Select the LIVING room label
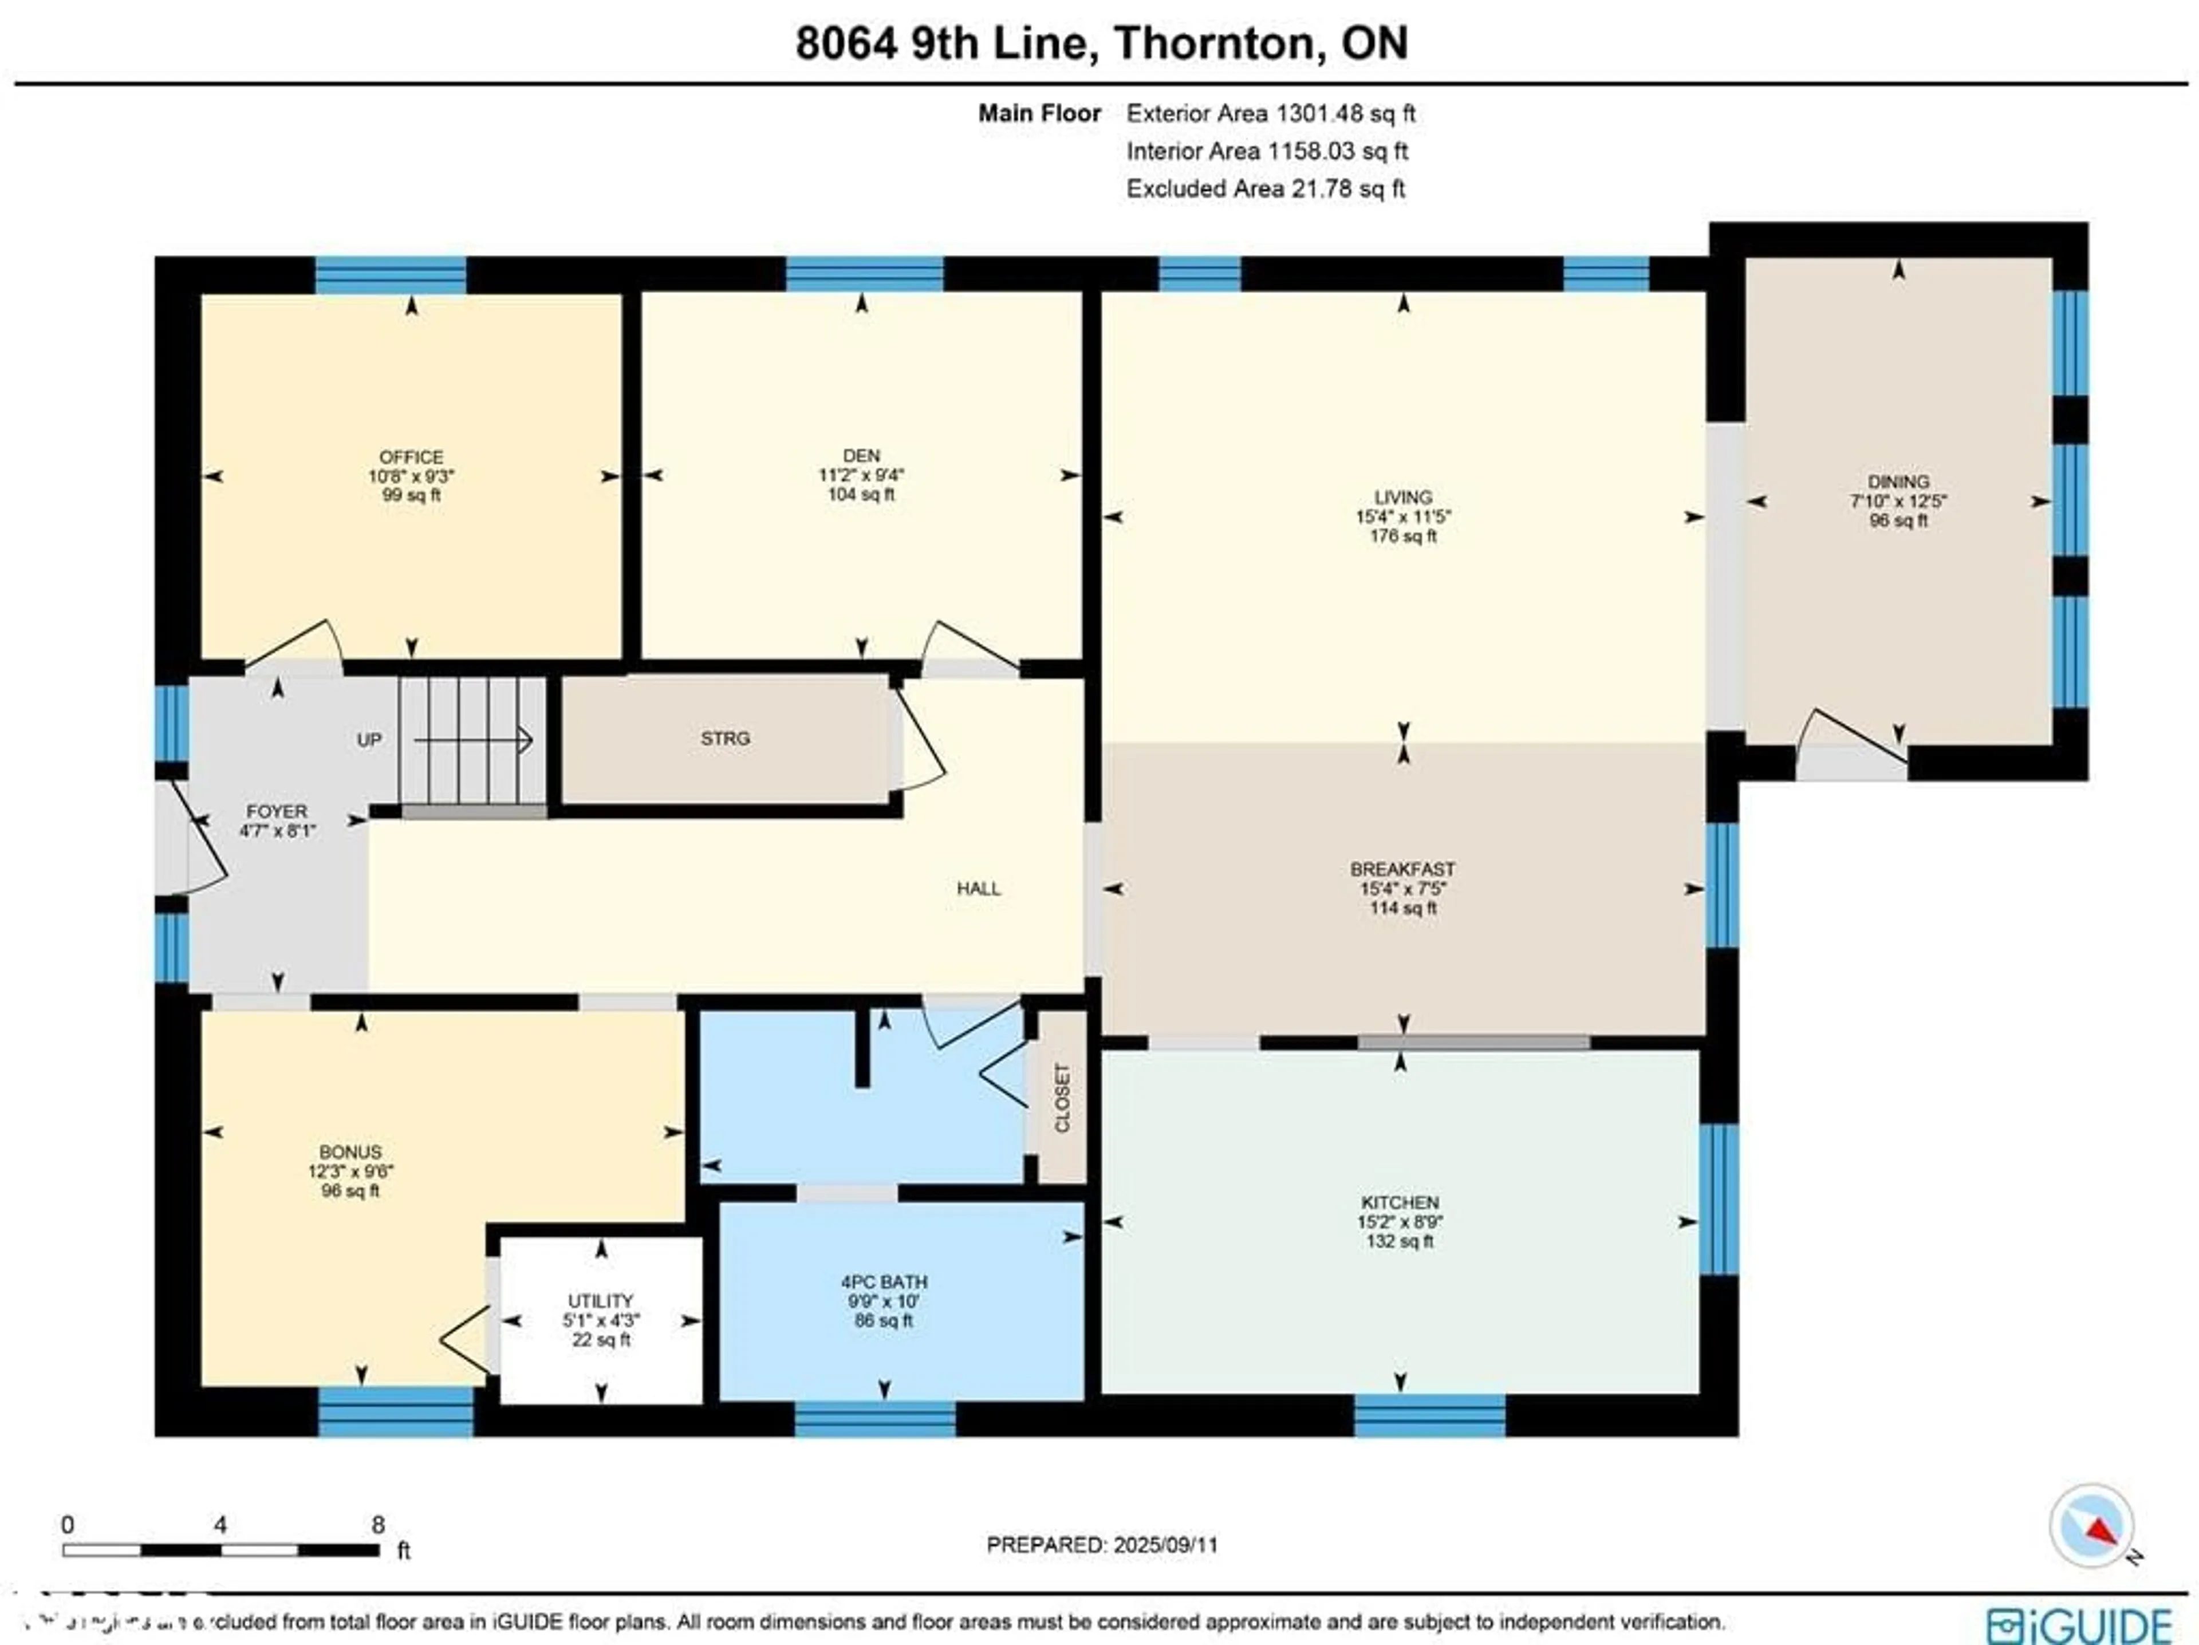click(1402, 497)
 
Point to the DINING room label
click(1898, 482)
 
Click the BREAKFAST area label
click(1402, 870)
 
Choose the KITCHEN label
click(1400, 1203)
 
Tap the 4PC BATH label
click(883, 1282)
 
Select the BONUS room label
click(350, 1152)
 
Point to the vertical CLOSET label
click(1062, 1097)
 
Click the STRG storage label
click(725, 739)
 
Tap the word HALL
click(978, 889)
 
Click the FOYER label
click(277, 812)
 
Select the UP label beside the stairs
click(369, 740)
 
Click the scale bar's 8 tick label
click(378, 1525)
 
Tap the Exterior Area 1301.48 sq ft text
click(1271, 113)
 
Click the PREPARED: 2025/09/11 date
click(1101, 1545)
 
